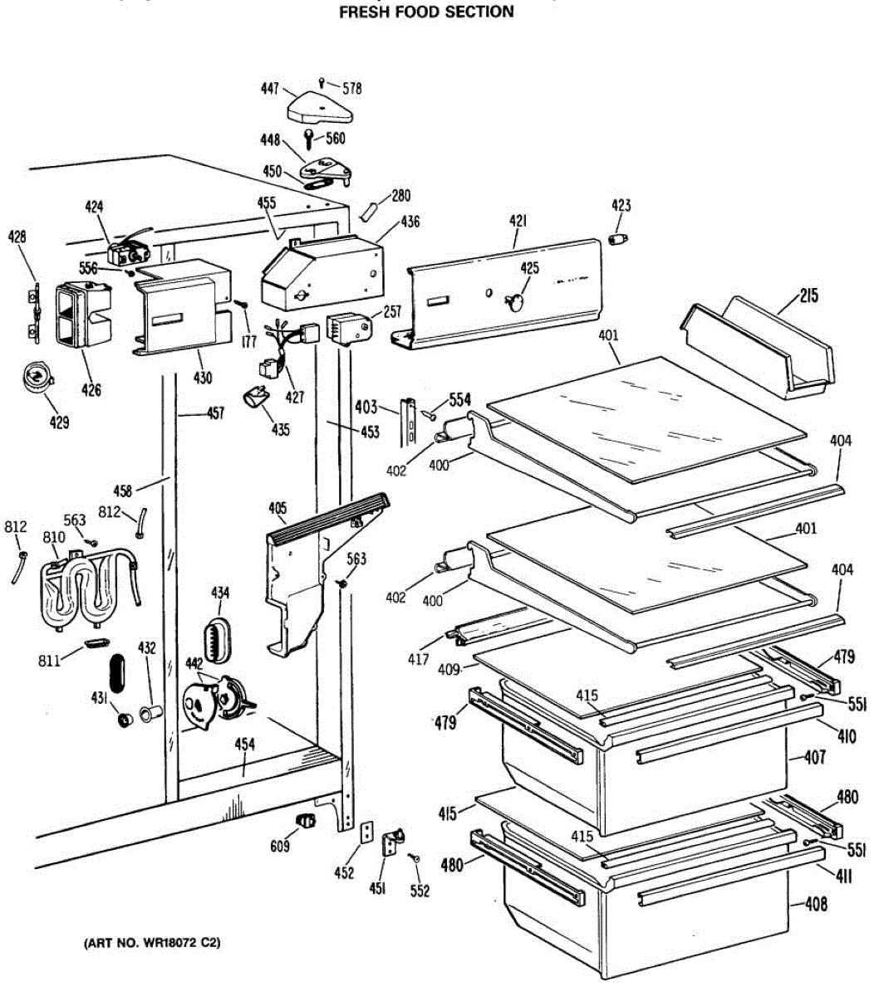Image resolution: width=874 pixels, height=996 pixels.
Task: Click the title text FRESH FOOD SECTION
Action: click(x=426, y=12)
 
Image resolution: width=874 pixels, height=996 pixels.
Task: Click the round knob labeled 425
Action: click(x=514, y=300)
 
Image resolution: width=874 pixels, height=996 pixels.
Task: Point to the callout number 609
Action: click(x=280, y=847)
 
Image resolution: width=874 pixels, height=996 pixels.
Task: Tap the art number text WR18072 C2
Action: click(x=152, y=944)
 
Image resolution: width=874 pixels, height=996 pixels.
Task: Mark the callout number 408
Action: click(x=817, y=904)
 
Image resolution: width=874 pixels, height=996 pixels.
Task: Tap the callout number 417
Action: click(x=418, y=661)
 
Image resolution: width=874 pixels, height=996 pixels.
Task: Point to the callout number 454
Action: click(x=244, y=745)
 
